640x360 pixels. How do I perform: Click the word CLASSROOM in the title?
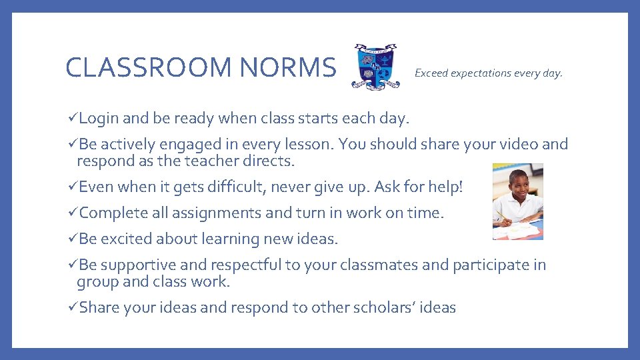tap(148, 67)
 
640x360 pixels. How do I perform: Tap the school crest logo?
tap(376, 67)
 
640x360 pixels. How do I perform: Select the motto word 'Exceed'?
tap(431, 73)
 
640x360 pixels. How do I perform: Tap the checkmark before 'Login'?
tap(73, 119)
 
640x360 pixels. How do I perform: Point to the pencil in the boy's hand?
tap(500, 215)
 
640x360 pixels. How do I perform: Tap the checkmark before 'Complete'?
tap(73, 213)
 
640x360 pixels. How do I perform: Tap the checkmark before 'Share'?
tap(73, 307)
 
